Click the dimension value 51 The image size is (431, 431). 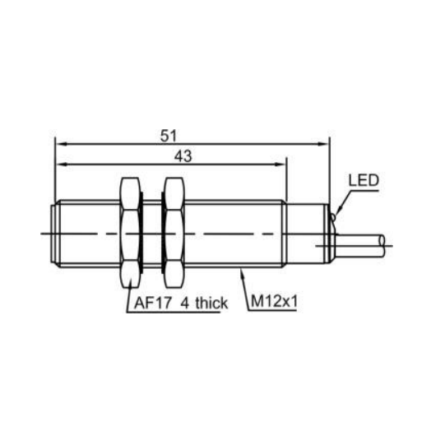click(169, 136)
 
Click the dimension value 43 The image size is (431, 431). click(183, 156)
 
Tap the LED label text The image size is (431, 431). click(364, 180)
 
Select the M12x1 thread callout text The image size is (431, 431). click(274, 302)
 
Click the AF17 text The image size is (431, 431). click(153, 303)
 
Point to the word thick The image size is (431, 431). click(211, 303)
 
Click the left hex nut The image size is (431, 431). click(131, 233)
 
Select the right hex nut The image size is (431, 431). click(174, 233)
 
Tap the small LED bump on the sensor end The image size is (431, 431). click(333, 217)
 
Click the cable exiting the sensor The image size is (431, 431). click(359, 245)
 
